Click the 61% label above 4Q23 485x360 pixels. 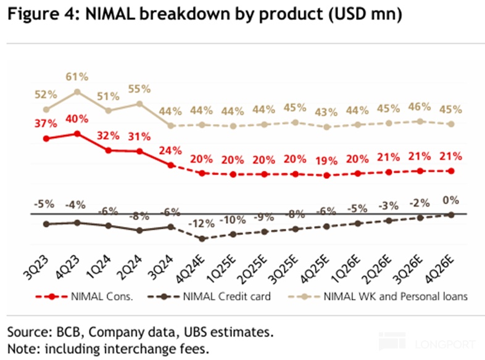click(x=77, y=77)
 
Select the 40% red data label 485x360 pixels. click(x=77, y=118)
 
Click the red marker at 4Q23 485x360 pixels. click(x=77, y=133)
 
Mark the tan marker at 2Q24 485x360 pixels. click(x=140, y=104)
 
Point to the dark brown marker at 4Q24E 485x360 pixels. click(x=202, y=239)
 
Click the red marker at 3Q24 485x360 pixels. click(x=171, y=165)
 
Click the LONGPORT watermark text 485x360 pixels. click(x=443, y=343)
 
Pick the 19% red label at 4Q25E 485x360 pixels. click(x=326, y=161)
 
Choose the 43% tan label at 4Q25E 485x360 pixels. click(x=326, y=112)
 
